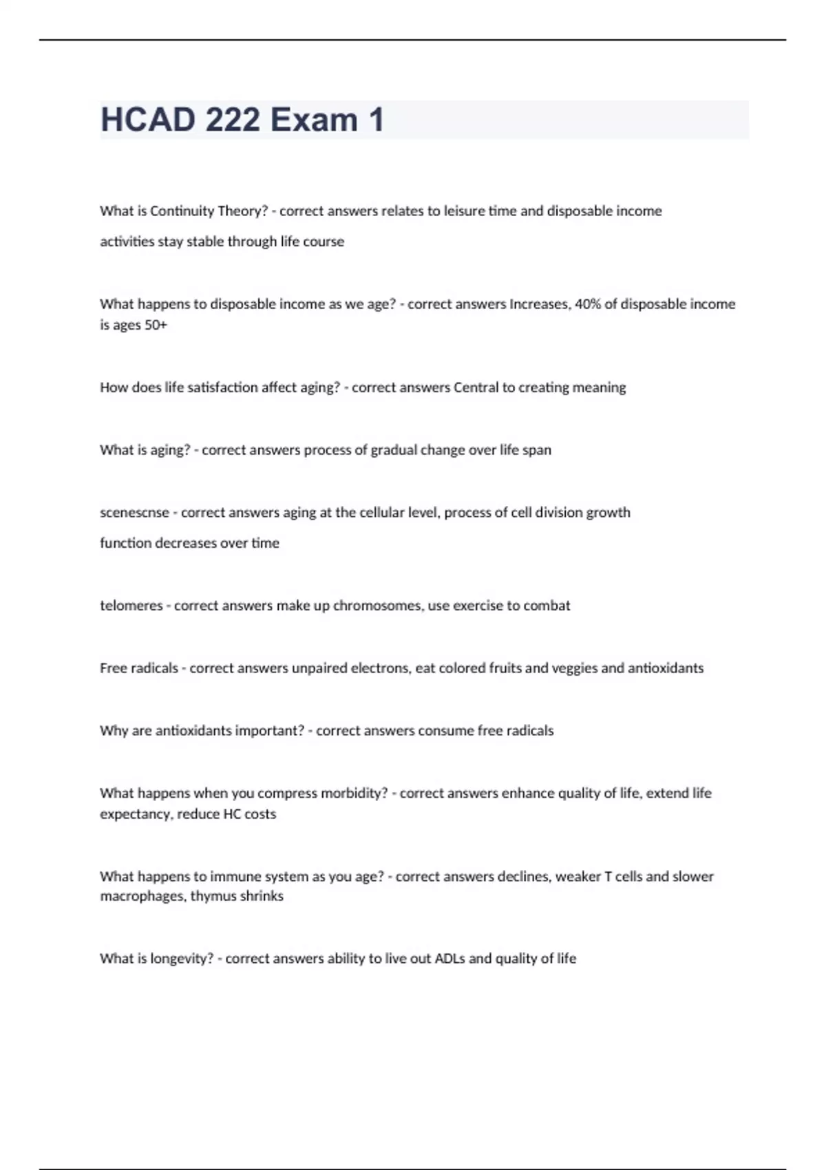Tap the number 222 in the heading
pos(233,120)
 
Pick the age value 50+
pos(156,325)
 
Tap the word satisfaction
pos(218,387)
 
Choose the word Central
pos(476,387)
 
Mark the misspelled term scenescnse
pos(134,513)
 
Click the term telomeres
pos(131,606)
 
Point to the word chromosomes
pos(377,606)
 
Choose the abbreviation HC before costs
pos(231,814)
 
